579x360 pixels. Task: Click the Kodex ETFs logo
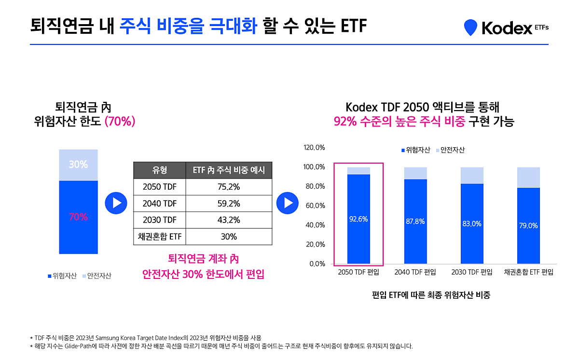coord(506,28)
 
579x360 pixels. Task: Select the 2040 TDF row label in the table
coord(159,204)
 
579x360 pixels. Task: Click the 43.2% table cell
coord(228,220)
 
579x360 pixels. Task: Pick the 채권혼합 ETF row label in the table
coord(159,236)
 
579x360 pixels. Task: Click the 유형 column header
coord(159,170)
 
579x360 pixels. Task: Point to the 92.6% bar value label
coord(358,219)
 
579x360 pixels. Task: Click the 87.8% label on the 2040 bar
coord(415,222)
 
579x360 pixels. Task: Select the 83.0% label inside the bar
coord(471,224)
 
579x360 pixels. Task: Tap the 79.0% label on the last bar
coord(528,225)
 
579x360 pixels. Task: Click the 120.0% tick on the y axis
coord(314,148)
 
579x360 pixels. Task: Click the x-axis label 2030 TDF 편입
coord(471,272)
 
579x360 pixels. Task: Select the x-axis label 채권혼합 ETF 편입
coord(528,272)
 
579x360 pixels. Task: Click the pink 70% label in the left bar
coord(78,217)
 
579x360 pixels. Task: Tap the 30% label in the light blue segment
coord(78,165)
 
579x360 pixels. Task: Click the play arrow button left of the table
coord(116,203)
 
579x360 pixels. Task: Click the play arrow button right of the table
coord(288,203)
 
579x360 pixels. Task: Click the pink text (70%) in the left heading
coord(120,121)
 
